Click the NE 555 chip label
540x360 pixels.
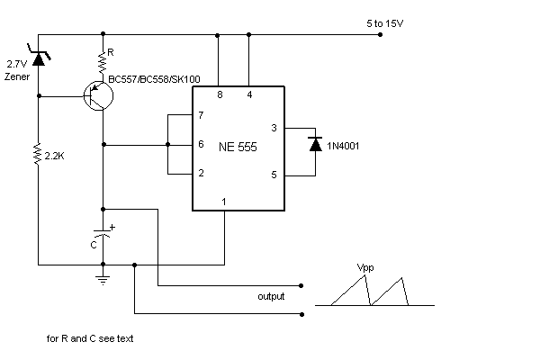tap(238, 147)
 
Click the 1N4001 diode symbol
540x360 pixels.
tap(314, 143)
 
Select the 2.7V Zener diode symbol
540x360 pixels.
tap(39, 58)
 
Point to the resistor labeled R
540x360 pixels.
tap(103, 61)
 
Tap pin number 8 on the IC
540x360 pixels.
tap(220, 94)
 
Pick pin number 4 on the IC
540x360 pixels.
tap(248, 94)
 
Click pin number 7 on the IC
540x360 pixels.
tap(202, 116)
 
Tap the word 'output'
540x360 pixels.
tap(271, 296)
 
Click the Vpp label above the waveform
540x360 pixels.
tap(364, 267)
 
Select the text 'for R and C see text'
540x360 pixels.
tap(91, 340)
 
